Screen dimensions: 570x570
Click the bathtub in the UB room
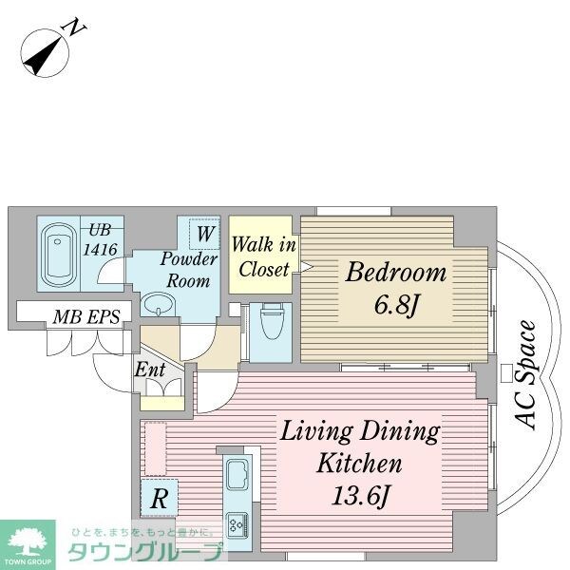point(58,254)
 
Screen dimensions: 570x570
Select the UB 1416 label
point(100,240)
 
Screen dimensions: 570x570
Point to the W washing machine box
point(204,233)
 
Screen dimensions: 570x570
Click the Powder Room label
point(189,270)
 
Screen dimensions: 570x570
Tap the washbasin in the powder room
point(158,304)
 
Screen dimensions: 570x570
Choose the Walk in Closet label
point(263,256)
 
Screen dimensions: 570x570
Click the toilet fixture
point(271,321)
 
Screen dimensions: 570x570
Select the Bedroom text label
point(395,273)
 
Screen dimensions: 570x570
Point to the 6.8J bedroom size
point(395,305)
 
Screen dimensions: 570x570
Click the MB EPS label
point(86,317)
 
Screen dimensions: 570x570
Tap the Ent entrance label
point(150,370)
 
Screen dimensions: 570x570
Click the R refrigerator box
point(160,498)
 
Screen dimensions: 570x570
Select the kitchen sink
point(237,474)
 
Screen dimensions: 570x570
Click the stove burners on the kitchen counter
point(237,525)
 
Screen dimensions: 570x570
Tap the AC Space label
point(526,375)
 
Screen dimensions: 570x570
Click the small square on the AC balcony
point(506,373)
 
